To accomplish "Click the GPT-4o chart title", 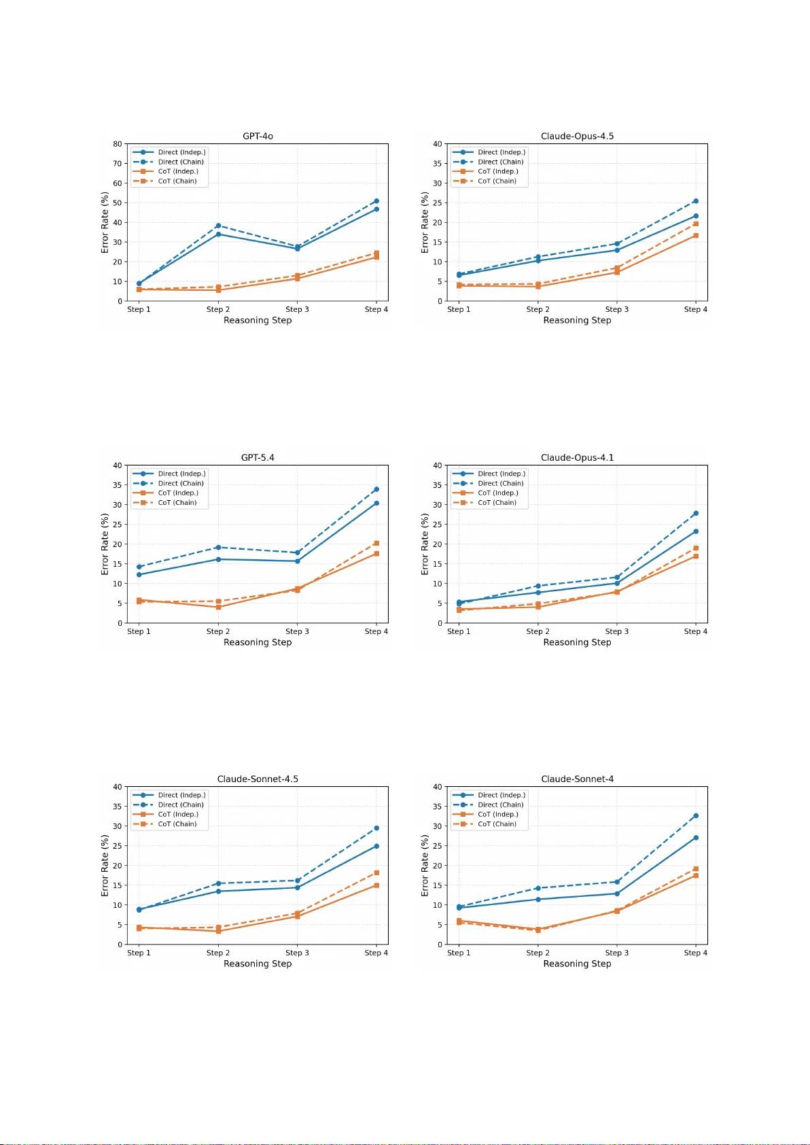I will tap(258, 136).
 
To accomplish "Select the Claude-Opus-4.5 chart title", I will tap(577, 136).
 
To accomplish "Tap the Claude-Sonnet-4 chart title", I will tap(577, 779).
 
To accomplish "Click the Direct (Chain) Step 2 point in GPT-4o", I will tap(218, 226).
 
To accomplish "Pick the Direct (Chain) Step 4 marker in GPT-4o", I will tap(376, 201).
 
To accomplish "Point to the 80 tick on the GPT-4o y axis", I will tap(118, 144).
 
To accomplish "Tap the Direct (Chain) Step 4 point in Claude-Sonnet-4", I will tap(696, 815).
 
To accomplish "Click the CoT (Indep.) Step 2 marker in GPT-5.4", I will tap(218, 607).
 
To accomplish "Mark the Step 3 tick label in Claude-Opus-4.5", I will tap(616, 309).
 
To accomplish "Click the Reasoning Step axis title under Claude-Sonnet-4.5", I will tap(258, 964).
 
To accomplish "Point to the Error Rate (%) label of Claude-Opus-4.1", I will tap(425, 544).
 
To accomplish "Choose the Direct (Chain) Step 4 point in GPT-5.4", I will tap(376, 489).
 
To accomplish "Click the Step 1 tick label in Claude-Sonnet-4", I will tap(459, 953).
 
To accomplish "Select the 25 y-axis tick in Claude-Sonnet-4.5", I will tap(118, 846).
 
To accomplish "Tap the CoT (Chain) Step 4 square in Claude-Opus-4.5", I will tap(696, 224).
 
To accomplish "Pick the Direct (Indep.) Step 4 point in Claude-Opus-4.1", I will tap(696, 531).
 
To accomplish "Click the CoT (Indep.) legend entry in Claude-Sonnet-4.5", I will tap(177, 814).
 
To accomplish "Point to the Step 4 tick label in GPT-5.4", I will tap(376, 631).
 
